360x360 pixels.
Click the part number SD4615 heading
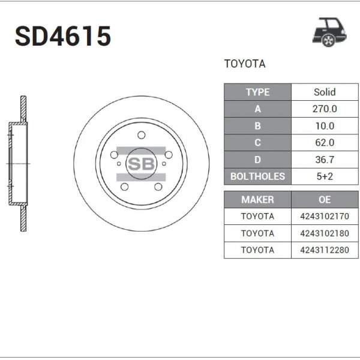(x=63, y=37)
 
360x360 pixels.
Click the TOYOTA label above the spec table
(x=244, y=64)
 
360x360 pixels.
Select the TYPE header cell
(x=258, y=92)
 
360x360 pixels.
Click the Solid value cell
(x=325, y=92)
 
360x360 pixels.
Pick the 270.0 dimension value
(x=325, y=109)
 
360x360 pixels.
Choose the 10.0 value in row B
(x=325, y=126)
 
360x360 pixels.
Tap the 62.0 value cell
(x=325, y=143)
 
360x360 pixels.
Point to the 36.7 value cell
(x=325, y=160)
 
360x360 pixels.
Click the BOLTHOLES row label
(x=258, y=176)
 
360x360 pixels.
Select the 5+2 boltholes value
(x=325, y=176)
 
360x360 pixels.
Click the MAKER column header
(x=257, y=200)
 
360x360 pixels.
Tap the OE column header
(x=325, y=200)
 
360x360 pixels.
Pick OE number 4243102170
(x=325, y=216)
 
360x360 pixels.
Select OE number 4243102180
(x=325, y=233)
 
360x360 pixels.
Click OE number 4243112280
(x=325, y=250)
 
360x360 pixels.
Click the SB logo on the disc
(x=141, y=163)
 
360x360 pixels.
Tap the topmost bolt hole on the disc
(x=141, y=135)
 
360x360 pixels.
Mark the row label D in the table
(x=258, y=160)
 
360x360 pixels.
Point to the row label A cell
(x=258, y=109)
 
